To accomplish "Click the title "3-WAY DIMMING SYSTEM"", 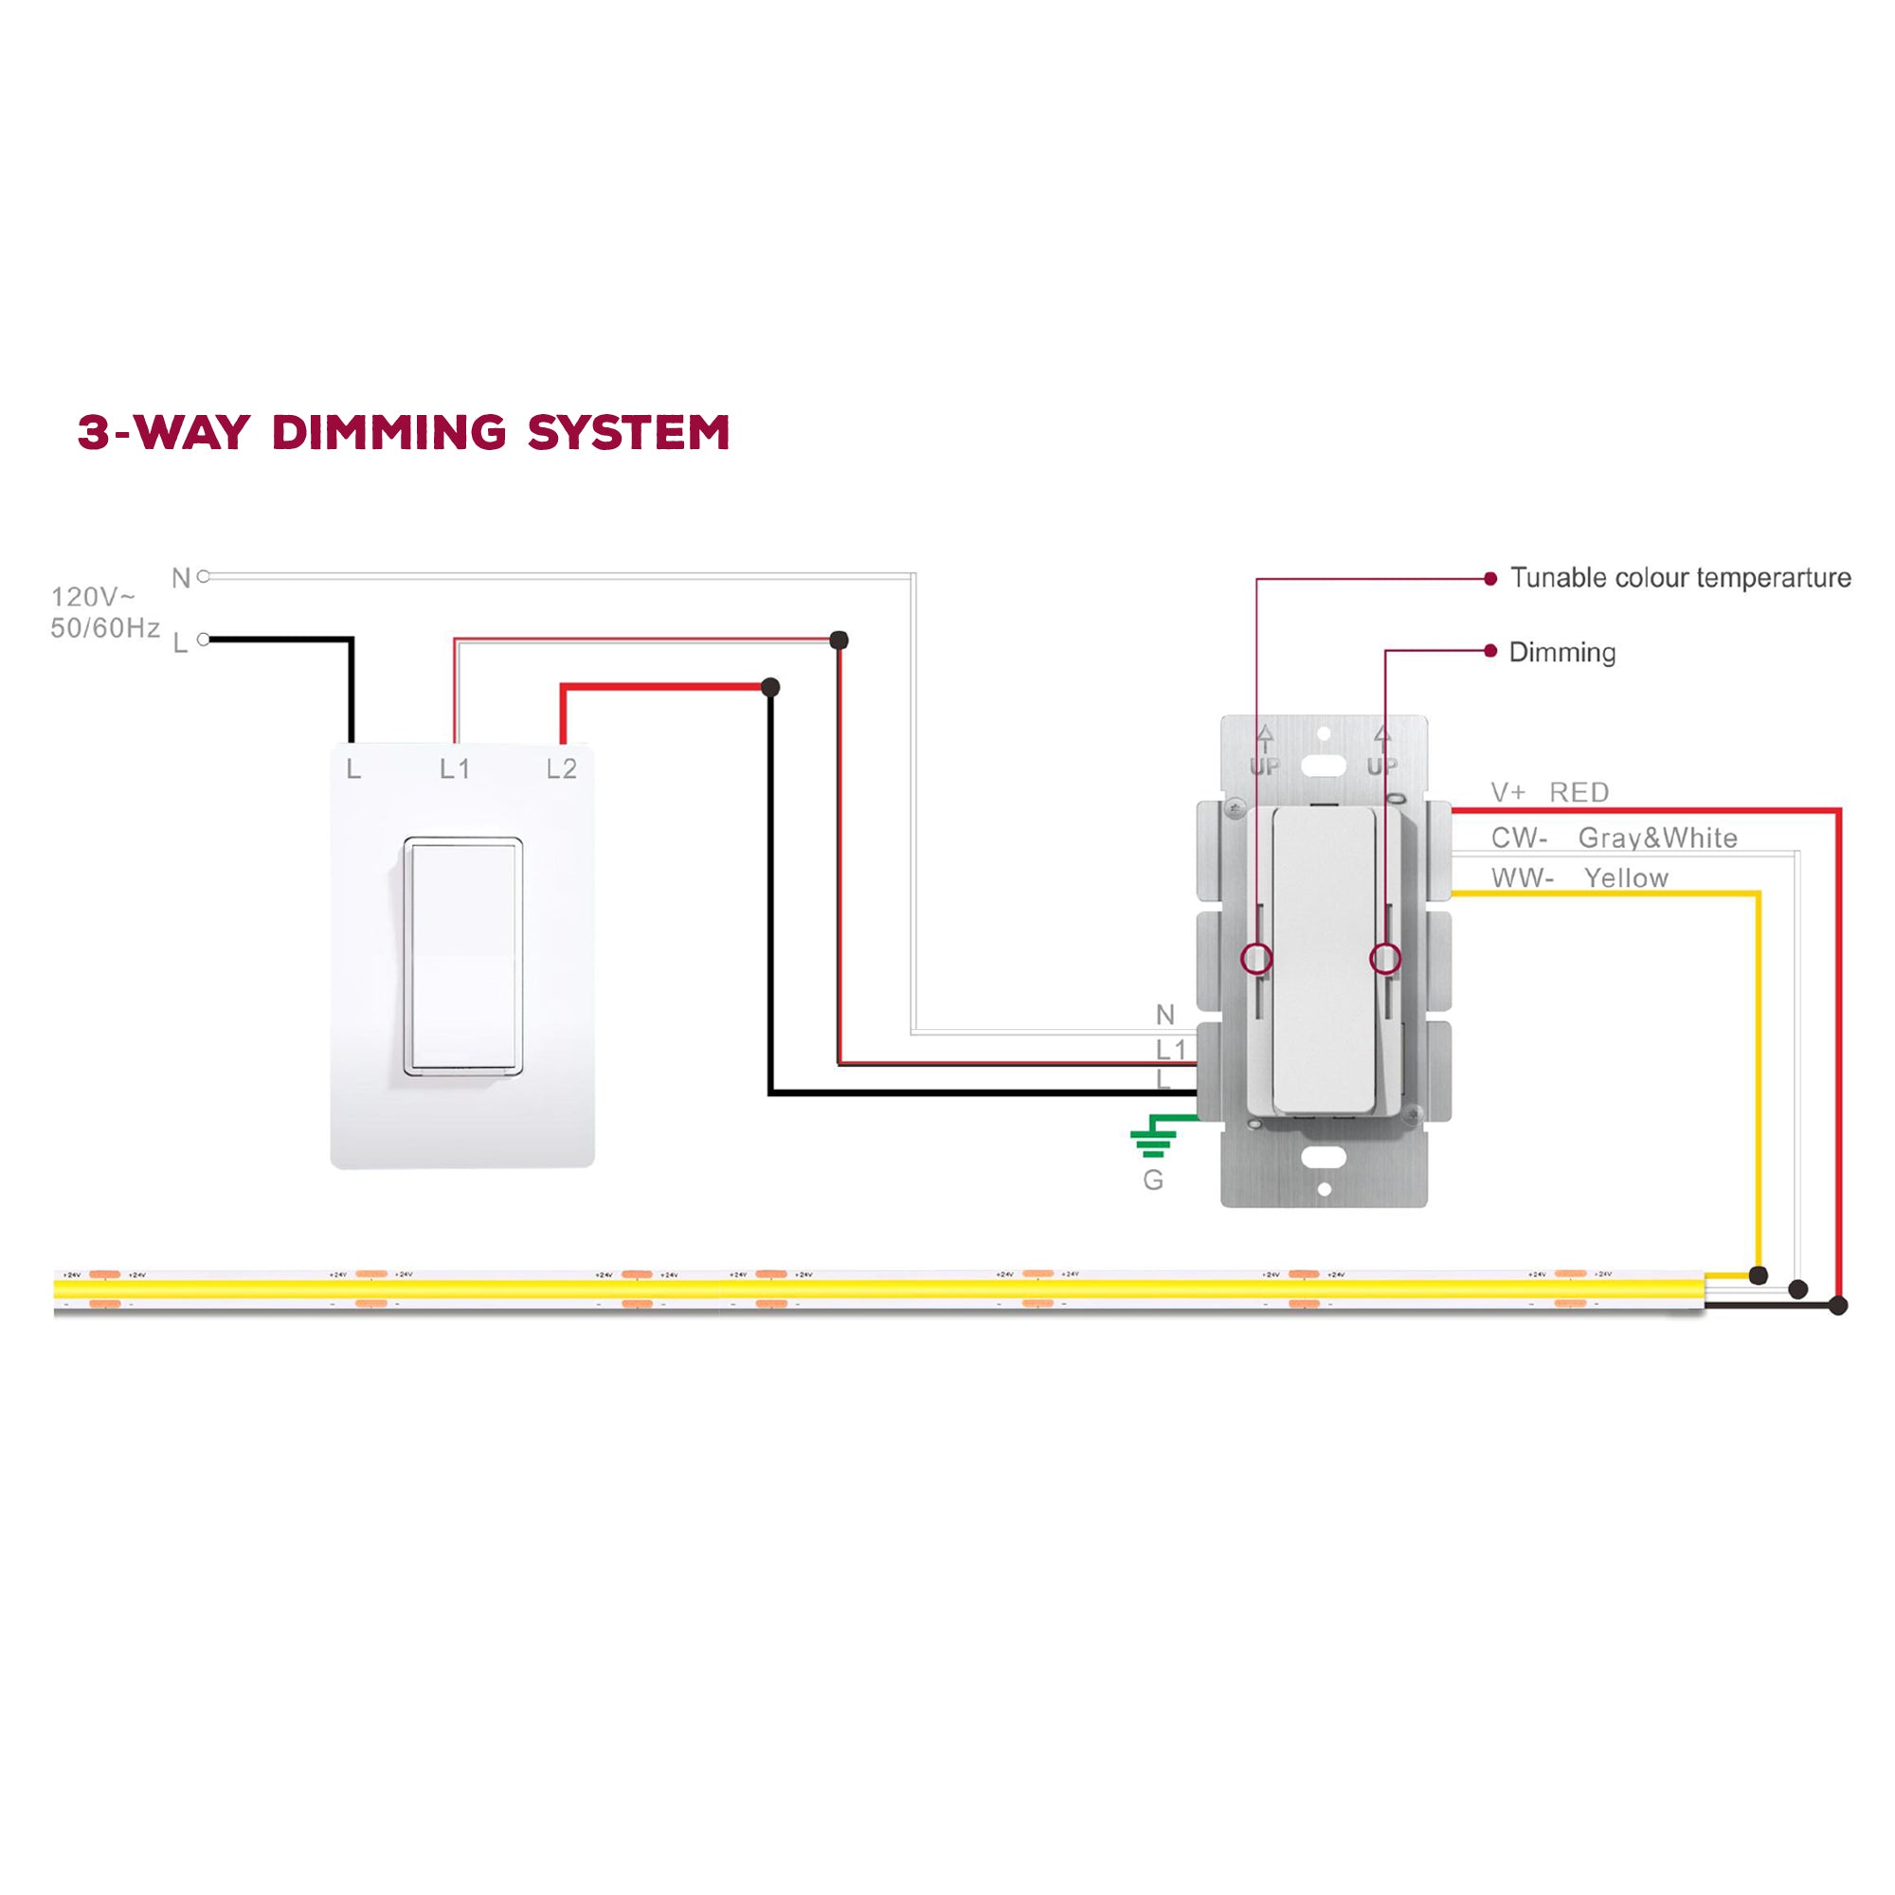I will [403, 433].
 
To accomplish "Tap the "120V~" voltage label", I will [93, 596].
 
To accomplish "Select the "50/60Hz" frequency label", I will [105, 628].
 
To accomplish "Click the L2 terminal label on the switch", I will [561, 769].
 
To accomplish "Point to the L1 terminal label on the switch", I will [454, 769].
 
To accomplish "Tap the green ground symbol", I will [1152, 1141].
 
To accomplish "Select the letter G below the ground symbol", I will [1153, 1181].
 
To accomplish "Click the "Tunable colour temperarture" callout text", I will [1680, 578].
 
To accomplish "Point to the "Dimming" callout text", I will [1562, 652].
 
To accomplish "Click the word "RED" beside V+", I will [1579, 792].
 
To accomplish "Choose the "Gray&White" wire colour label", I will [1657, 838].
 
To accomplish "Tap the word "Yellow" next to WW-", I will [1626, 878].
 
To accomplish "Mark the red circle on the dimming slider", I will [1385, 958].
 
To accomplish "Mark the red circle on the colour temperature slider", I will [1256, 958].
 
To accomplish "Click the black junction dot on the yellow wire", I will [1759, 1276].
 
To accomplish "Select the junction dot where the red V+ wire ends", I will [1839, 1306].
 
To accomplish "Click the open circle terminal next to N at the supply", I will [204, 577].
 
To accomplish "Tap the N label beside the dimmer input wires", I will [1165, 1014].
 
